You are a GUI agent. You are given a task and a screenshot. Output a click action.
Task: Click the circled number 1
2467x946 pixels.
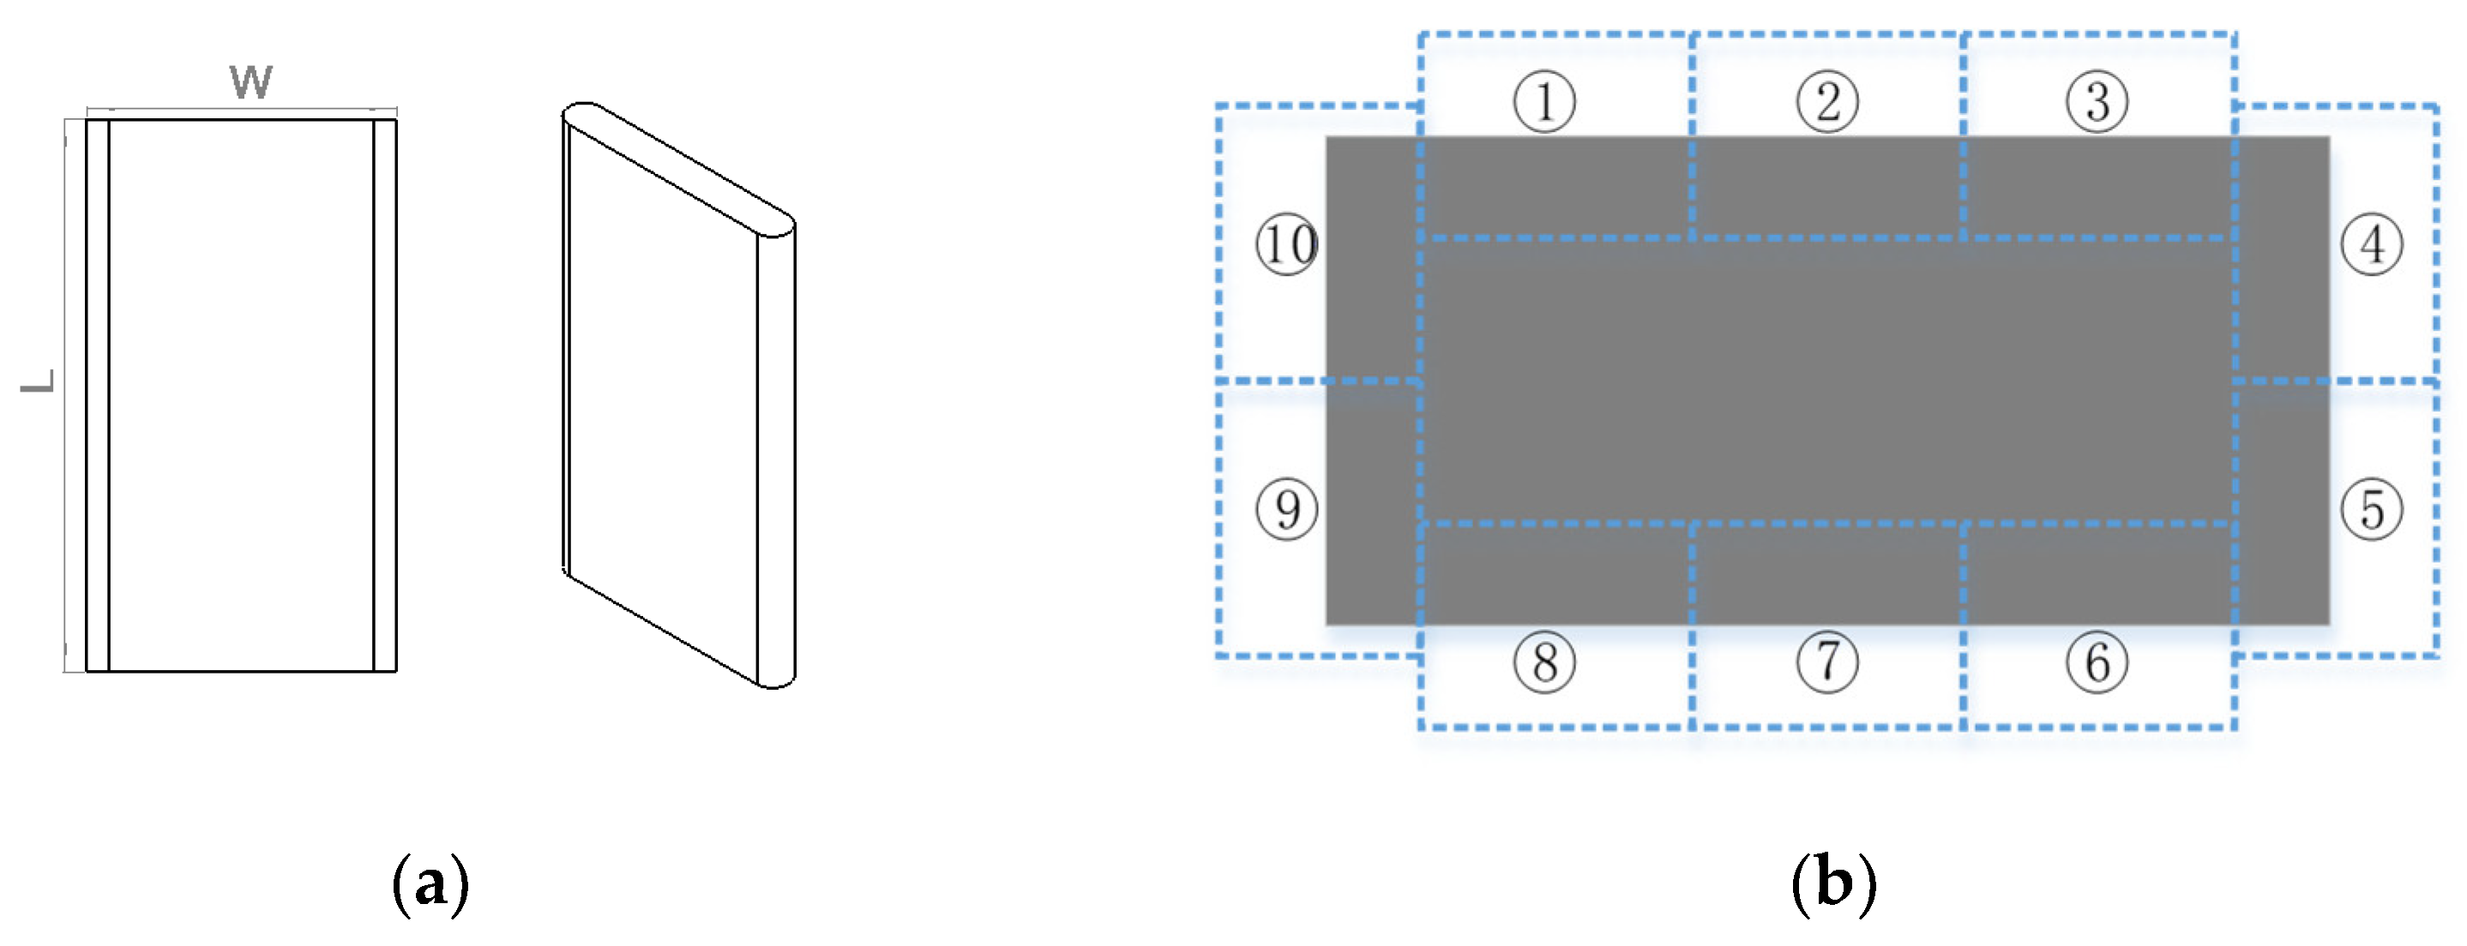tap(1543, 101)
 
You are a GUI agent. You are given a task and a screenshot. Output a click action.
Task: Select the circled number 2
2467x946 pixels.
tap(1827, 101)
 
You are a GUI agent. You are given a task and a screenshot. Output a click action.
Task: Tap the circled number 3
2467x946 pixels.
tap(2097, 101)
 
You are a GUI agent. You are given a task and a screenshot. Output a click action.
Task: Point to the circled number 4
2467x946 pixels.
tap(2372, 244)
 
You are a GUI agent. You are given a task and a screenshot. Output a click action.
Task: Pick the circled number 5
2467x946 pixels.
tap(2372, 508)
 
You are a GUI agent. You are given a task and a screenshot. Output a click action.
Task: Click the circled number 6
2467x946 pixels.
tap(2097, 662)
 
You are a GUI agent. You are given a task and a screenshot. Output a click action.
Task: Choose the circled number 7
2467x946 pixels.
tap(1827, 662)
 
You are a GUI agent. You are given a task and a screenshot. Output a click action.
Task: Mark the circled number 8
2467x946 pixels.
tap(1543, 662)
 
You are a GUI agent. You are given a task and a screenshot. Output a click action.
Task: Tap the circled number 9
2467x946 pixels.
tap(1287, 508)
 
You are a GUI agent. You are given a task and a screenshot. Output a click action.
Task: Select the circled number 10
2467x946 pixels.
tap(1287, 244)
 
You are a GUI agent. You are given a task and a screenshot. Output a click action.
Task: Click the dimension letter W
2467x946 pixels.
tap(251, 82)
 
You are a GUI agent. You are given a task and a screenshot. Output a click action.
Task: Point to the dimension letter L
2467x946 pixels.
tap(39, 381)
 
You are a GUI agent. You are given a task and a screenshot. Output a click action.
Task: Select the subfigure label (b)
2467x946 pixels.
tap(1833, 883)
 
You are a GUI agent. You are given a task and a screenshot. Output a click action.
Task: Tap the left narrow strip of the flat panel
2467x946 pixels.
tap(98, 394)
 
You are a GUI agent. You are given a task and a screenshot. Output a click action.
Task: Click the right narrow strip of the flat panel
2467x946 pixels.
tap(385, 394)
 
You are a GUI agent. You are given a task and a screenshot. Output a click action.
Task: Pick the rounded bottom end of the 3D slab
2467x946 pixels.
tap(776, 682)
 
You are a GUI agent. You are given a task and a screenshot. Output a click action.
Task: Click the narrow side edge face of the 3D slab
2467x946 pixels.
tap(776, 450)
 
